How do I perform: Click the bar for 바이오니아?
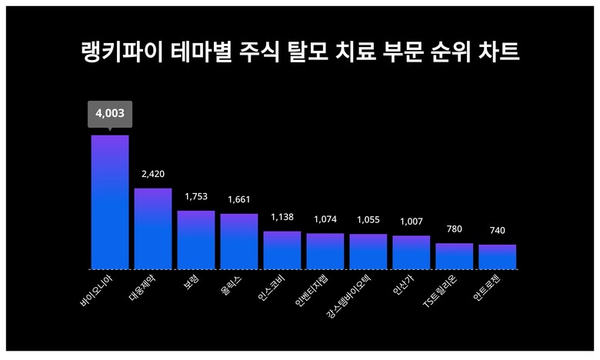point(110,202)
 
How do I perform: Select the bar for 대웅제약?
point(153,228)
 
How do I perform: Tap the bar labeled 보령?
point(196,239)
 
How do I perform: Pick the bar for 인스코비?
point(282,250)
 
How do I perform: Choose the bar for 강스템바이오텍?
point(368,252)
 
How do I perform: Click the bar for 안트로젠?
point(497,257)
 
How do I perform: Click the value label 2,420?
point(153,175)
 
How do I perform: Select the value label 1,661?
point(239,200)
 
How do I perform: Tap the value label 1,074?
point(325,220)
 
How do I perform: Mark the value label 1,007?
point(412,222)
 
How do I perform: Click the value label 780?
point(455,229)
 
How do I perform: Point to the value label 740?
point(497,231)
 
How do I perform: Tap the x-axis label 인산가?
point(403,286)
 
